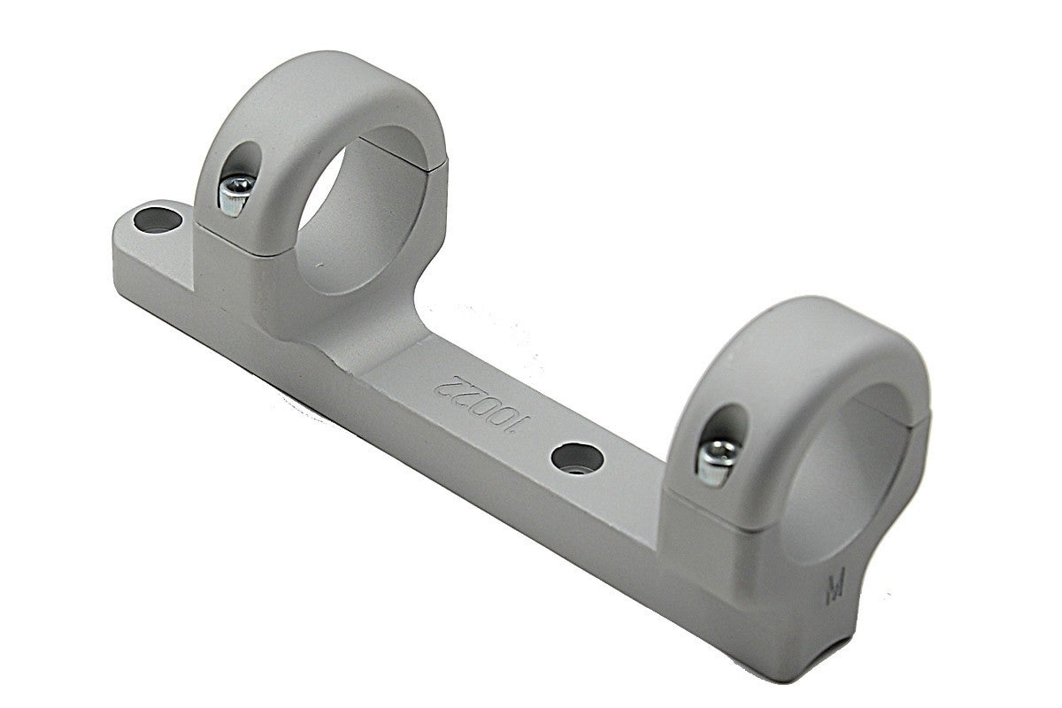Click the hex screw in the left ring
pyautogui.click(x=235, y=194)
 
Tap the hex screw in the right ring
pyautogui.click(x=718, y=462)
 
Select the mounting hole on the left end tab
pyautogui.click(x=158, y=220)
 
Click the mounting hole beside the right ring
pyautogui.click(x=577, y=458)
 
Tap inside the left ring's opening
pyautogui.click(x=360, y=213)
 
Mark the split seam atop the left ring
pyautogui.click(x=403, y=154)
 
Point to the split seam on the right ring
pyautogui.click(x=896, y=410)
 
